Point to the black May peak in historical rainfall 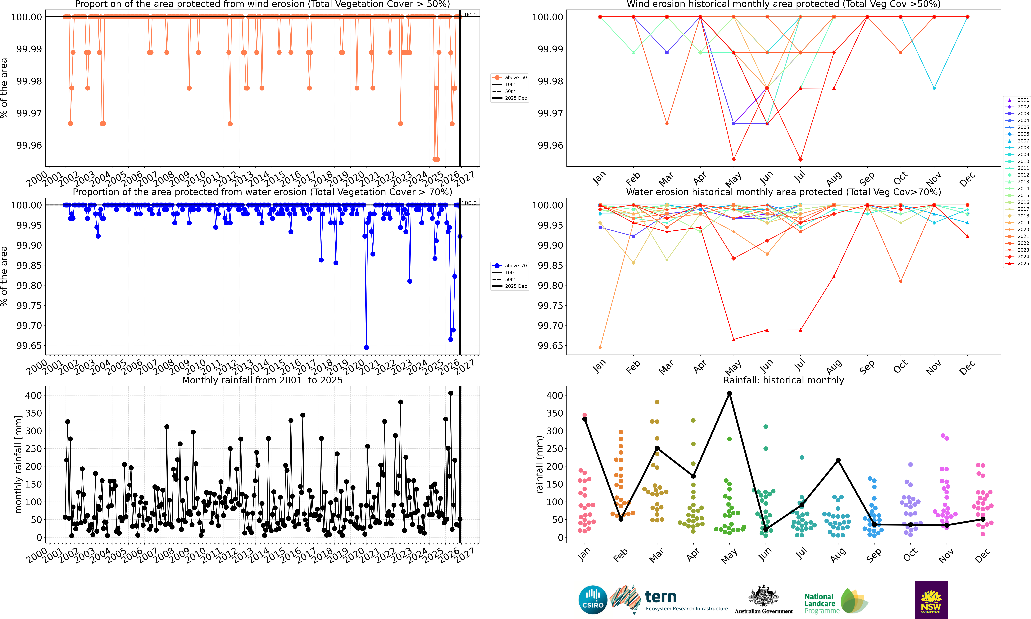coord(729,393)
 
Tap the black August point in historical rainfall coord(838,460)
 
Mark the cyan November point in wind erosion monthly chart coord(934,88)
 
